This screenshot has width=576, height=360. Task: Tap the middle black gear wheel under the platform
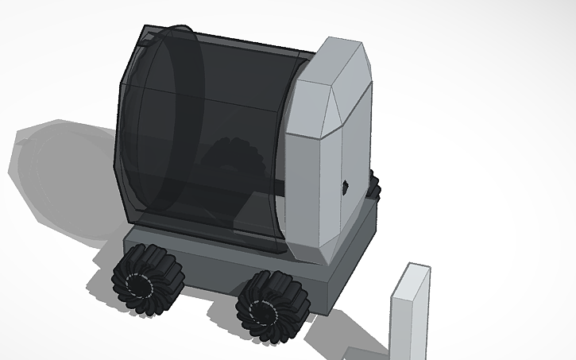coord(272,307)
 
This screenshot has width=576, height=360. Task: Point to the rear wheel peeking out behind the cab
coord(373,188)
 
